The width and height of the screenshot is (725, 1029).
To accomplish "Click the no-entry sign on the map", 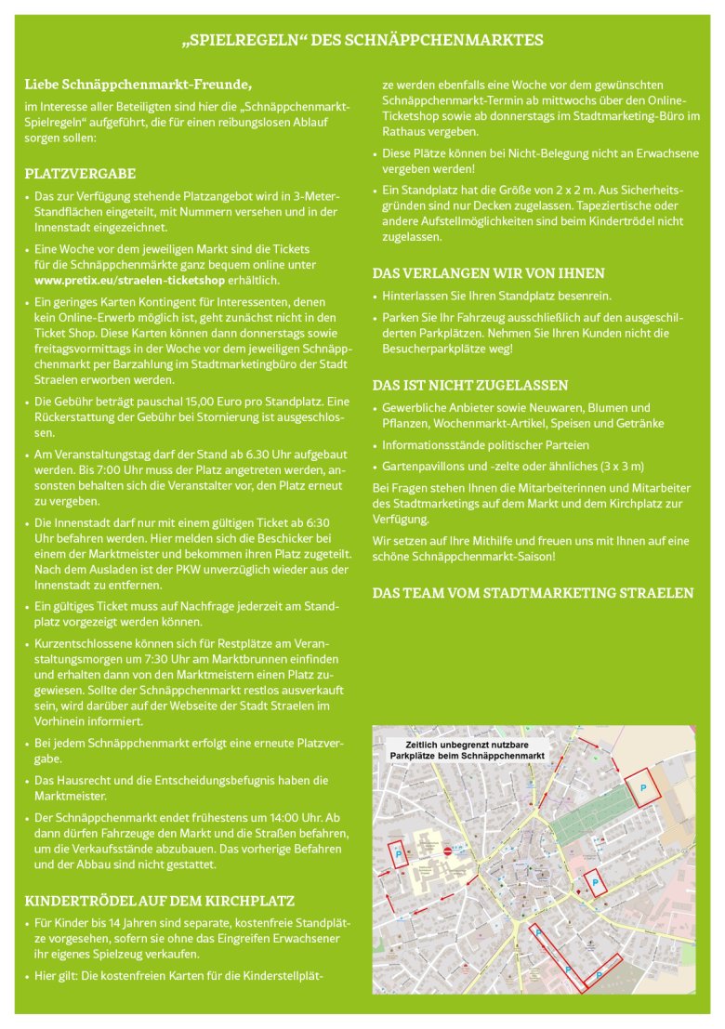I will [448, 851].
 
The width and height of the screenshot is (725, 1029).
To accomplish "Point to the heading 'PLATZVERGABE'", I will [80, 174].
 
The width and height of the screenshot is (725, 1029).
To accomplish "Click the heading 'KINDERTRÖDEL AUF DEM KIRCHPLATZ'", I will [159, 901].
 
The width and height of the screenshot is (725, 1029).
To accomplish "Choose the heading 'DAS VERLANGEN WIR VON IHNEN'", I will [488, 273].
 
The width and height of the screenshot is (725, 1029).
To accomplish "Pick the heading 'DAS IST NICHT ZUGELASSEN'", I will [470, 385].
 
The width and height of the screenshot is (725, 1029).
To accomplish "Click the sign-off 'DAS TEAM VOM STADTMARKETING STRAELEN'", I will [533, 593].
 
